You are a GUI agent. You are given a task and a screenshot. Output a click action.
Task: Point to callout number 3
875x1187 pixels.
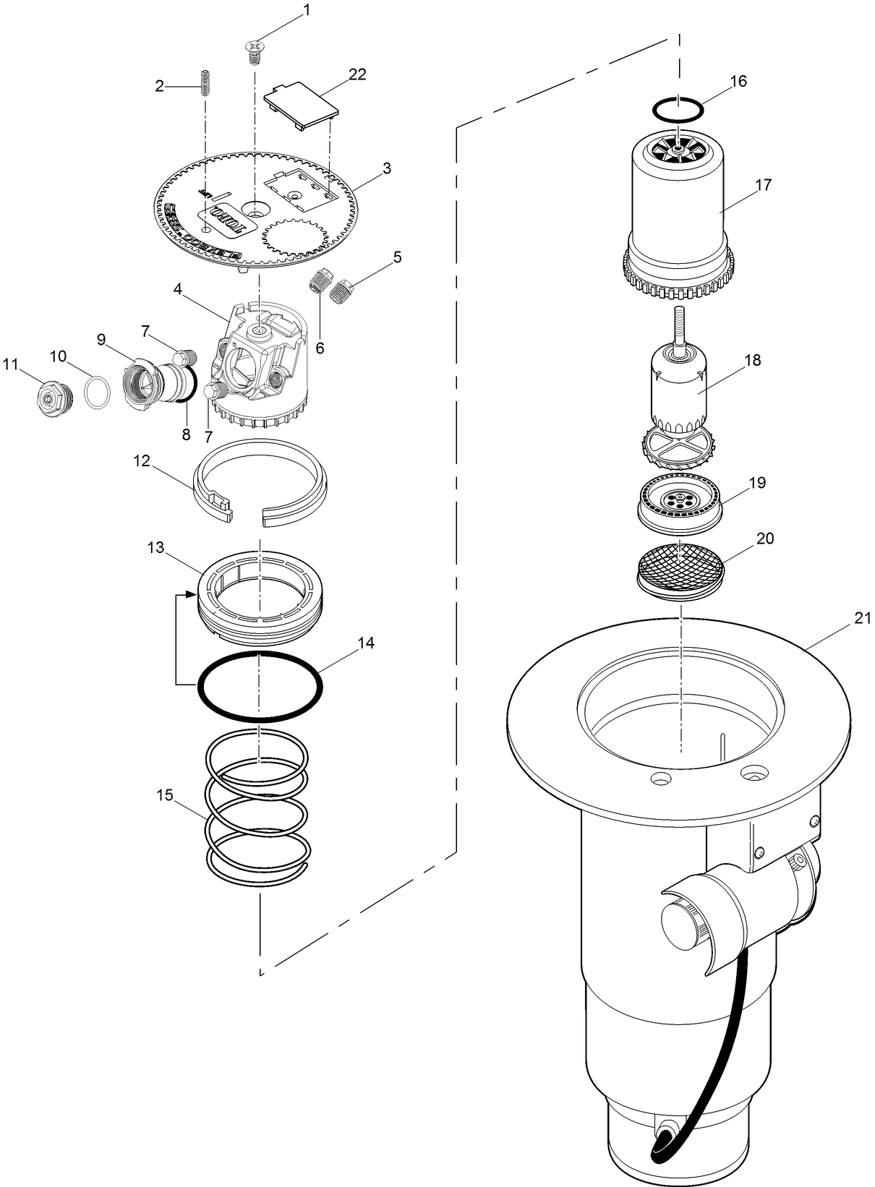pyautogui.click(x=387, y=168)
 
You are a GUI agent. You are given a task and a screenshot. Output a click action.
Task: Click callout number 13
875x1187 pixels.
pyautogui.click(x=156, y=547)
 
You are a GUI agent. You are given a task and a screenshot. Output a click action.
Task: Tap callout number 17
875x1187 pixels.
pyautogui.click(x=763, y=184)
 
